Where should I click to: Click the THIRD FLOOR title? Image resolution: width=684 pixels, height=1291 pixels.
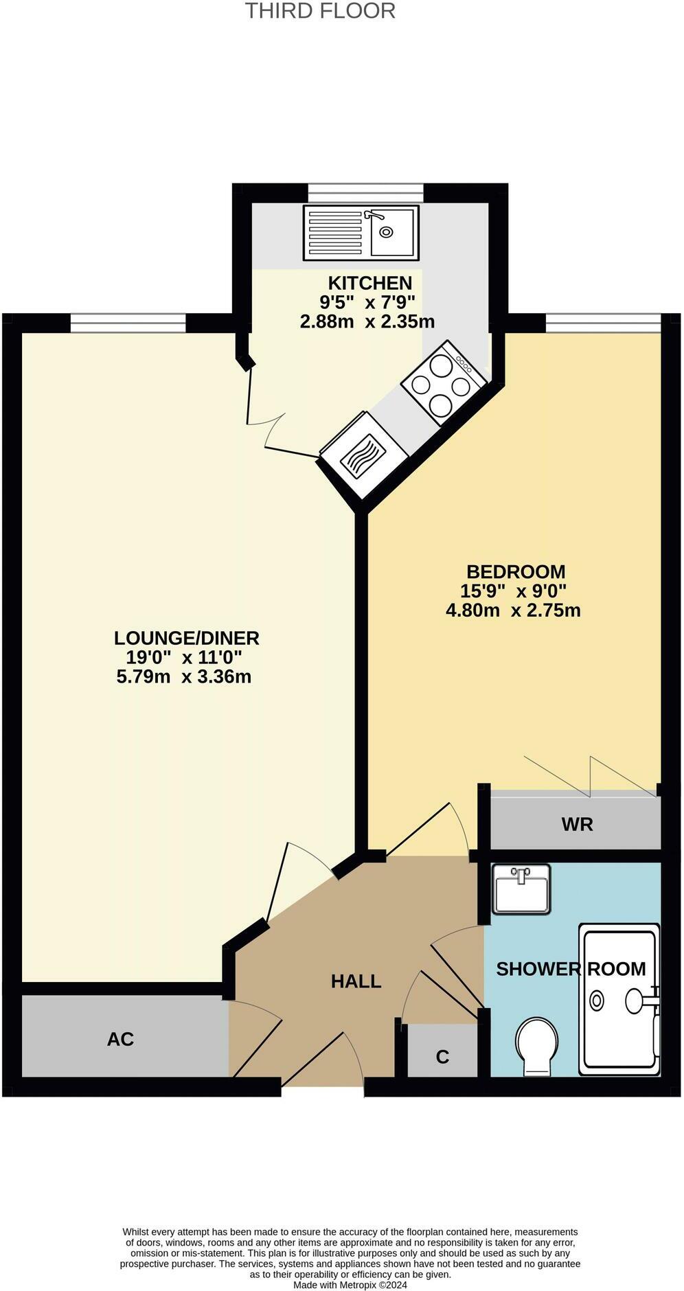tap(320, 11)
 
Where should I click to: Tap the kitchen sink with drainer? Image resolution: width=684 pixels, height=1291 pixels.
tap(361, 233)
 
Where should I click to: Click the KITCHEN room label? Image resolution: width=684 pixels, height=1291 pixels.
tap(369, 283)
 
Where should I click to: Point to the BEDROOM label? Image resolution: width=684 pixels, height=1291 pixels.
tap(516, 571)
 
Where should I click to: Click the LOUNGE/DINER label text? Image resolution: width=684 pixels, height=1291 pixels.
tap(186, 638)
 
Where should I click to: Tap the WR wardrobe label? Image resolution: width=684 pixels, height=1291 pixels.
tap(577, 824)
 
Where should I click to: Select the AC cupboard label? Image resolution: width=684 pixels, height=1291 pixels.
tap(120, 1039)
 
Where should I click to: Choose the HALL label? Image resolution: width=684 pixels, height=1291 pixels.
tap(356, 981)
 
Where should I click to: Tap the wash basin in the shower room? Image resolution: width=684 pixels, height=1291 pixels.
tap(521, 889)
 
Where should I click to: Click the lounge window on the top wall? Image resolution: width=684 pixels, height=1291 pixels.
tap(128, 323)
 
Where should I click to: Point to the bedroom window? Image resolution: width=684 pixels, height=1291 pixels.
tap(603, 323)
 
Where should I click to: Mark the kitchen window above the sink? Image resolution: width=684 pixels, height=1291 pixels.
tap(365, 193)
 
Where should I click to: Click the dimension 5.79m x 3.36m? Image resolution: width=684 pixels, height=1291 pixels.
tap(184, 677)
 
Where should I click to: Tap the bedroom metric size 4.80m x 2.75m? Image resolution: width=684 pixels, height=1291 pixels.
tap(513, 610)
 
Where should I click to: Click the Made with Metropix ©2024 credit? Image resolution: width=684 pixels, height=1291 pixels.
tap(350, 1285)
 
